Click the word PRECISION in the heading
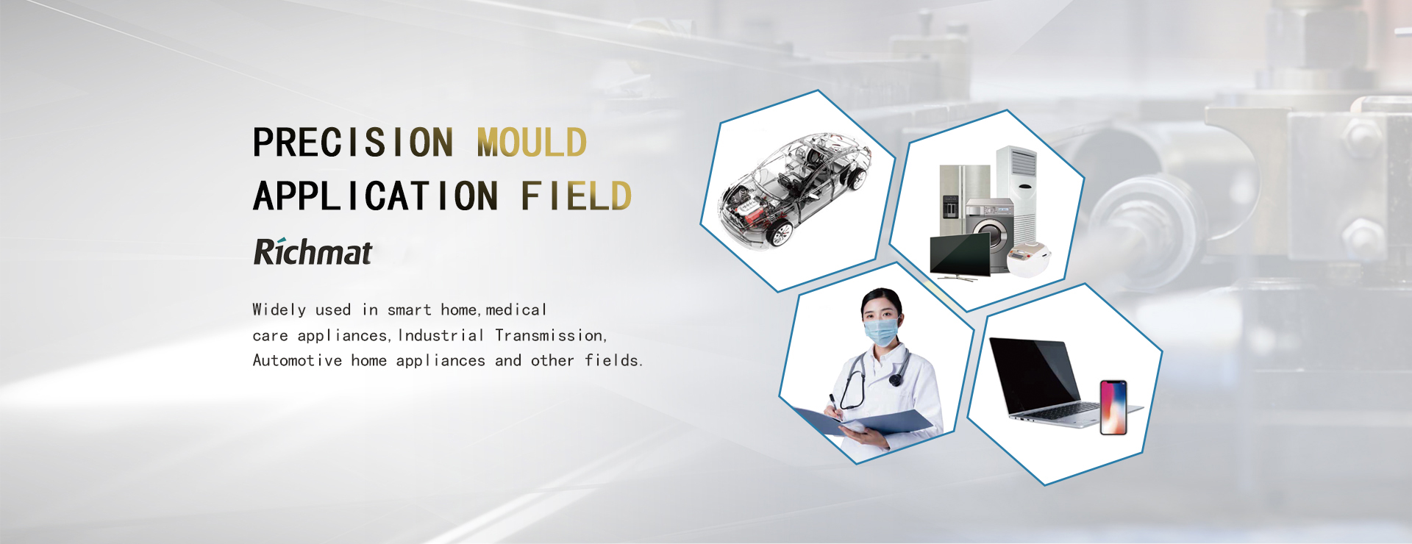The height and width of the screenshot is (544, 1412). [x=353, y=142]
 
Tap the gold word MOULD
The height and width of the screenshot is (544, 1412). [x=532, y=142]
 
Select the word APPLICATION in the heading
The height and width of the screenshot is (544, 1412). [x=376, y=196]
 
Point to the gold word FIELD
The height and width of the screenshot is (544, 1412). [x=576, y=196]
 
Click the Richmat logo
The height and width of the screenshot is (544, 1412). [x=313, y=251]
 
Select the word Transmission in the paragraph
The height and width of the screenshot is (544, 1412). [x=550, y=335]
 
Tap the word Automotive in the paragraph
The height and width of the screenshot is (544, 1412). [x=297, y=360]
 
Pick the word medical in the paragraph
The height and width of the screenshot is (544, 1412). [x=516, y=309]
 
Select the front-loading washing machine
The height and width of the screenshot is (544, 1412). [x=988, y=234]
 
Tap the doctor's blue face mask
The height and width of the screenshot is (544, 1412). [x=882, y=331]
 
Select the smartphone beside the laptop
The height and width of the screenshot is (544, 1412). [x=1113, y=407]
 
